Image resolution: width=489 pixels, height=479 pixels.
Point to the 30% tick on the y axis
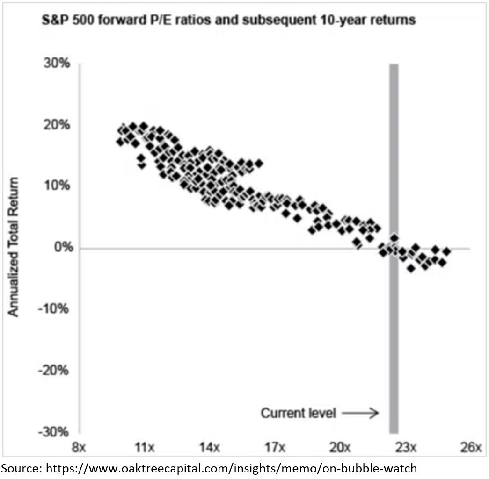pos(58,64)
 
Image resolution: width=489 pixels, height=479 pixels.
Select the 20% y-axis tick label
pos(58,125)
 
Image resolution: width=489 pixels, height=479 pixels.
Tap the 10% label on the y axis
pos(58,186)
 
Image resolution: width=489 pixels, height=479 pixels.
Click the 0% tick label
pos(61,248)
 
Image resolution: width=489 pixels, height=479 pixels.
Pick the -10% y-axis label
pos(56,309)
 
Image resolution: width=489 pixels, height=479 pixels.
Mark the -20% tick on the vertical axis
pos(56,370)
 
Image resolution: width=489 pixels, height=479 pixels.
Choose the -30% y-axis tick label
pos(56,431)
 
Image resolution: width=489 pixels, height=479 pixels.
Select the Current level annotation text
pos(298,413)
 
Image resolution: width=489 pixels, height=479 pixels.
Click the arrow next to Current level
pos(359,413)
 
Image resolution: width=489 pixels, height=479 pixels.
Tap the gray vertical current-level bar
pos(394,327)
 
